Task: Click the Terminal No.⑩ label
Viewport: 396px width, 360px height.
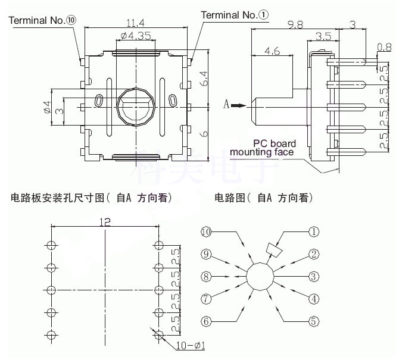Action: pos(42,20)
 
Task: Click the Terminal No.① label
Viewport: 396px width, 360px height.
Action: pos(235,14)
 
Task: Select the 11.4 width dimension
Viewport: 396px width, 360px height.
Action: pos(136,24)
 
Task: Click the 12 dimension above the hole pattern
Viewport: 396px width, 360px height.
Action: pos(105,221)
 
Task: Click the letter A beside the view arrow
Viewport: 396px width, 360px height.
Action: pos(226,106)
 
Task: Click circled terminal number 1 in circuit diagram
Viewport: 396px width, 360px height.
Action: pos(313,231)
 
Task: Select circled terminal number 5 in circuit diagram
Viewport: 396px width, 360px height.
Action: pos(313,321)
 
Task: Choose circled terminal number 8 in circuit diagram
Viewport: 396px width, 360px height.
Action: pos(206,276)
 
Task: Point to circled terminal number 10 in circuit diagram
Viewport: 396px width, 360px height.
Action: pos(206,231)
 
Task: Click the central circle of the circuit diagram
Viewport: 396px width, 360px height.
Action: pos(260,276)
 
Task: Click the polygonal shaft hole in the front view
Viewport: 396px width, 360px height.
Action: pos(136,106)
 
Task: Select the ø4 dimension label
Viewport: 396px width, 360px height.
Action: pos(45,107)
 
